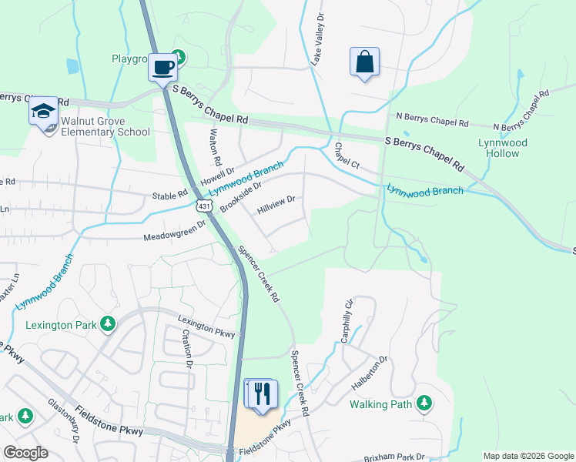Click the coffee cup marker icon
[x=162, y=67]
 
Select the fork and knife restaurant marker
[x=260, y=393]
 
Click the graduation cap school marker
[x=44, y=112]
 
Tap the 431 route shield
[x=204, y=206]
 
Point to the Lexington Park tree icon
[x=109, y=324]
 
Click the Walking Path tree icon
[x=424, y=403]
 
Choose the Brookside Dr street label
[x=241, y=197]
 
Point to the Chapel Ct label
[x=347, y=156]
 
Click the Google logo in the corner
[x=25, y=453]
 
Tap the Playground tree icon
[x=179, y=56]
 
